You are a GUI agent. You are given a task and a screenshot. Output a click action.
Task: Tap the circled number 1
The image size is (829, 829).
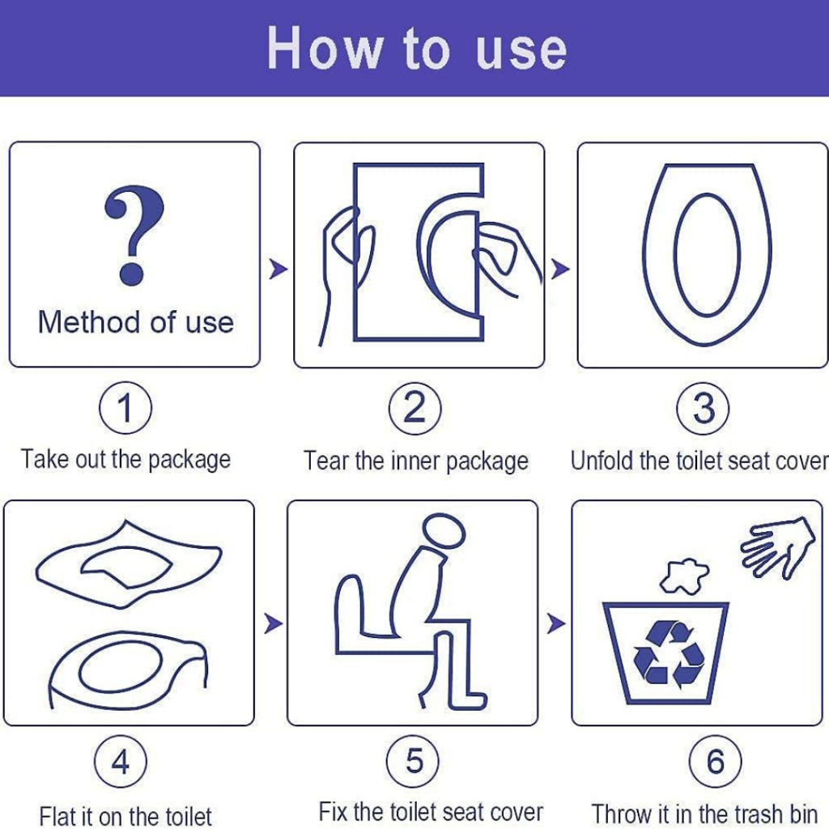click(x=125, y=408)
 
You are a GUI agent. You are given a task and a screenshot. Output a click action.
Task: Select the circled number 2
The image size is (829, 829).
click(x=415, y=409)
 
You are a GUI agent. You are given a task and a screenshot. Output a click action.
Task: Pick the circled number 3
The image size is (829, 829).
click(x=704, y=409)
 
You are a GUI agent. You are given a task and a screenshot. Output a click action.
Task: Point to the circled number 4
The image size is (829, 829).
click(x=121, y=762)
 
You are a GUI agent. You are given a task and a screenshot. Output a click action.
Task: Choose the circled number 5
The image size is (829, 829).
click(x=413, y=761)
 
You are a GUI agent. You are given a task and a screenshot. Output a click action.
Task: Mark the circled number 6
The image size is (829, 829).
click(x=716, y=762)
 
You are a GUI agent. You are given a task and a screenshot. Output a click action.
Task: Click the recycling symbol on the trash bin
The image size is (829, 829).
click(x=669, y=654)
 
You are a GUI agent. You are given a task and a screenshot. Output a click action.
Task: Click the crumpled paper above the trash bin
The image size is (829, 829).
click(x=684, y=576)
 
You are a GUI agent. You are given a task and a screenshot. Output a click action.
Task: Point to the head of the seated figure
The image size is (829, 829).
click(x=444, y=531)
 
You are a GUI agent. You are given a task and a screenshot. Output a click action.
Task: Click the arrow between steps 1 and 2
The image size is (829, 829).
click(x=278, y=269)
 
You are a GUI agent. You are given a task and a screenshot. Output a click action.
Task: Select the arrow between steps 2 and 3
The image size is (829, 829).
click(x=560, y=269)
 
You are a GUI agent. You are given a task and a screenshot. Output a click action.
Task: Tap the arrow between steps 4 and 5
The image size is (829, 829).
click(x=273, y=623)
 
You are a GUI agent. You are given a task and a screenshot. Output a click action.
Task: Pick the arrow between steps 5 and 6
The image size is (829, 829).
click(x=555, y=623)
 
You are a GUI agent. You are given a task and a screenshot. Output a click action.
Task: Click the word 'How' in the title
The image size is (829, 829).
click(x=325, y=49)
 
